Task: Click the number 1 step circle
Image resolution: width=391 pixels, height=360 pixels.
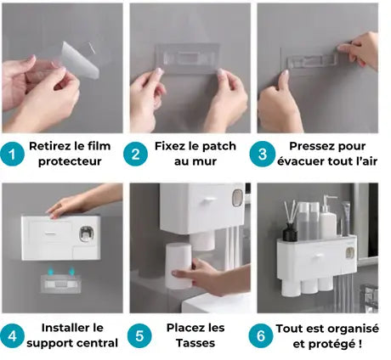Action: [13, 155]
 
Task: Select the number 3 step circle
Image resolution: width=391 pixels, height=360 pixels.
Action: [263, 155]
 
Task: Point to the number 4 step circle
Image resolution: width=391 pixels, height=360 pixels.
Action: [13, 335]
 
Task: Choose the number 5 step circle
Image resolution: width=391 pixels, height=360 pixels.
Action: [139, 335]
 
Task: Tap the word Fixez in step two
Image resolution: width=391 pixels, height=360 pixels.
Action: [173, 146]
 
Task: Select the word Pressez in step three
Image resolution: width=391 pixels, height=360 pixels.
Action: [312, 146]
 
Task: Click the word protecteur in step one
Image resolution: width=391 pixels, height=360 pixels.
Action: [69, 161]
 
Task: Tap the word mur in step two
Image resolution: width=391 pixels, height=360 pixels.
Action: [206, 161]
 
